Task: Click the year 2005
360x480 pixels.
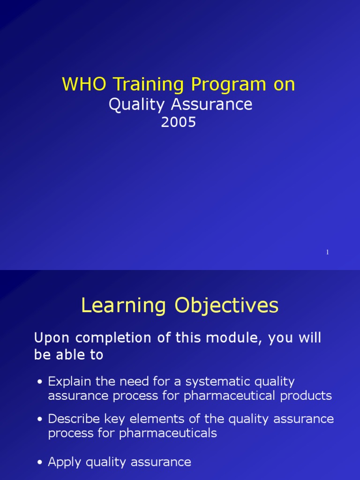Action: (178, 122)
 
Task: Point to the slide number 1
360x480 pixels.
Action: (327, 252)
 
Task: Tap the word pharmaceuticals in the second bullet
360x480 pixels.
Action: (168, 433)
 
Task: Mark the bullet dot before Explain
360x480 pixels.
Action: (40, 382)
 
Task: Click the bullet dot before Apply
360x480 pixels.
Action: (40, 463)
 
